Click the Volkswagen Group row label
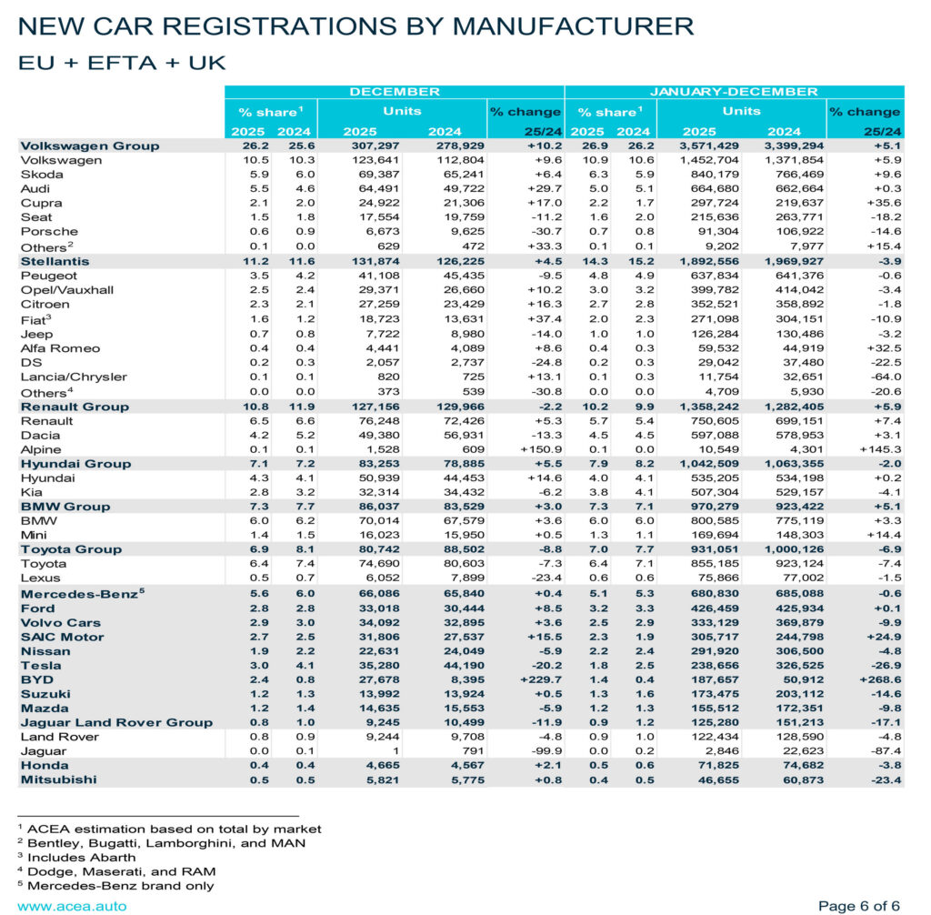89,146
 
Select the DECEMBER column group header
394,92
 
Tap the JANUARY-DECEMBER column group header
734,92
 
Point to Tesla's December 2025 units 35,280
375,665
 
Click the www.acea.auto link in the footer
72,906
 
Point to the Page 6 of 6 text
859,906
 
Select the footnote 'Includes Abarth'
77,857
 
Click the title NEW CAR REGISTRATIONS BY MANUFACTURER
356,26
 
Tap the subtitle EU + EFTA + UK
122,63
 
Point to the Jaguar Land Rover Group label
116,722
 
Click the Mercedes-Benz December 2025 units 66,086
375,593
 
